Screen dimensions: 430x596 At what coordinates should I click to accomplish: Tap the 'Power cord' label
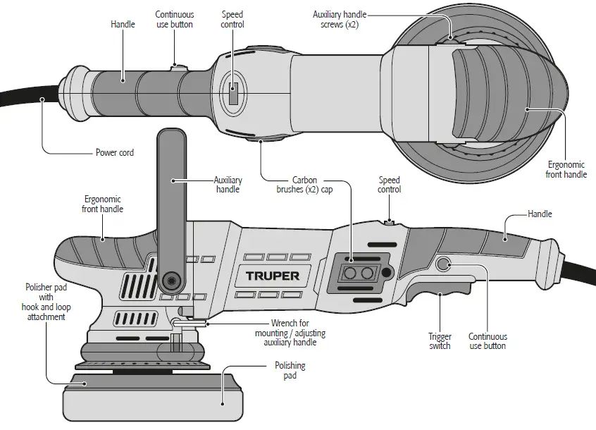pyautogui.click(x=114, y=152)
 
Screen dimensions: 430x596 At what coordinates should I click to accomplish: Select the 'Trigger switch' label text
pyautogui.click(x=440, y=341)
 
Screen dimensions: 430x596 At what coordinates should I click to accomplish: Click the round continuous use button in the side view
pyautogui.click(x=443, y=264)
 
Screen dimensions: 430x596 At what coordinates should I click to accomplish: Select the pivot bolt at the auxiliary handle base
pyautogui.click(x=169, y=281)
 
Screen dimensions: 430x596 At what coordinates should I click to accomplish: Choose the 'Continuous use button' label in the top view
pyautogui.click(x=174, y=19)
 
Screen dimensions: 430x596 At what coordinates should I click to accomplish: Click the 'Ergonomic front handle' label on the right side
pyautogui.click(x=566, y=169)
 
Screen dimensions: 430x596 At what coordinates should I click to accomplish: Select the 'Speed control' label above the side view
pyautogui.click(x=389, y=185)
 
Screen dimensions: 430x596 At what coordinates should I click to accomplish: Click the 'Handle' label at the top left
pyautogui.click(x=123, y=24)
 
